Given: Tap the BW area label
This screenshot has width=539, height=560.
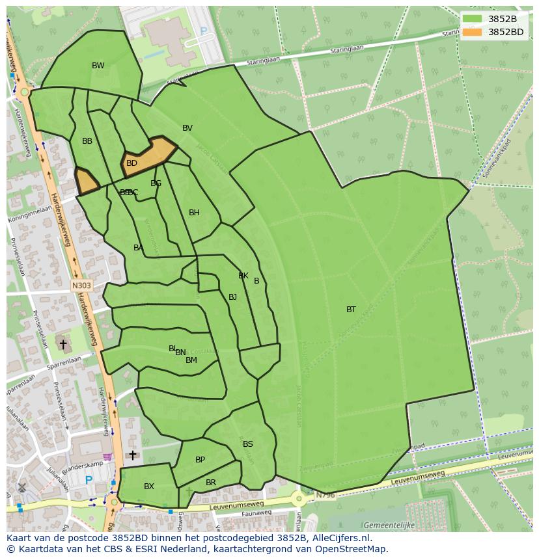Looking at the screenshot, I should (x=98, y=65).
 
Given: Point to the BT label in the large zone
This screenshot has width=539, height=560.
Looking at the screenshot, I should (x=351, y=310).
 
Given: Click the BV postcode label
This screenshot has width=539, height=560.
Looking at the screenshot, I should (x=187, y=128).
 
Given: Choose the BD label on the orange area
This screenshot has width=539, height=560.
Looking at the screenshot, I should (x=131, y=163).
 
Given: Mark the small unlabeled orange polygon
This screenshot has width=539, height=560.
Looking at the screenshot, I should (x=87, y=181).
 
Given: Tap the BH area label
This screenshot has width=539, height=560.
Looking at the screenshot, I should (x=194, y=213).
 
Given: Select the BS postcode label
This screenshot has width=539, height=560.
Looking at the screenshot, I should (x=248, y=444).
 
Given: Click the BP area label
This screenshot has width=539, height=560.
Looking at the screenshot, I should (x=200, y=460).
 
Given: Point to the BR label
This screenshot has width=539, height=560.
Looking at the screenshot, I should (x=210, y=483).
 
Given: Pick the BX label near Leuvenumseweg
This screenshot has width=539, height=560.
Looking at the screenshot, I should (x=149, y=487).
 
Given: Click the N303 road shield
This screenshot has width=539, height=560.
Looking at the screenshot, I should (x=81, y=285).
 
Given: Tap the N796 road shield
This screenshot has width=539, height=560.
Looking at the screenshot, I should (x=325, y=496).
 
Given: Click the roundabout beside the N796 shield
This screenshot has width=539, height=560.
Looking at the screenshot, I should (x=299, y=499).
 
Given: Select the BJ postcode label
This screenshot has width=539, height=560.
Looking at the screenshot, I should (x=232, y=297).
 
